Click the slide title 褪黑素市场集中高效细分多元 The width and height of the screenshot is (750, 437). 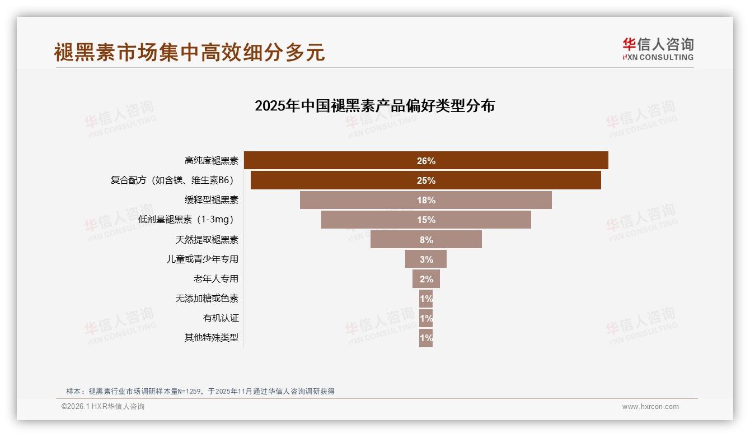point(189,52)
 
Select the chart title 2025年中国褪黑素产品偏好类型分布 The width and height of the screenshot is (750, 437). point(374,106)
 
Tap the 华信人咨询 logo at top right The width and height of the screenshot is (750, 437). point(658,49)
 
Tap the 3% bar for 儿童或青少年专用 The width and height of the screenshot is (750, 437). point(426,259)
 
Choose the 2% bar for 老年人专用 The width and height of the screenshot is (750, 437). point(426,278)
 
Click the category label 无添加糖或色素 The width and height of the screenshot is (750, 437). point(207,299)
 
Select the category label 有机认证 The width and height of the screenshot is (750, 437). point(221,318)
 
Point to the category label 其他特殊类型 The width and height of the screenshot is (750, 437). point(212,338)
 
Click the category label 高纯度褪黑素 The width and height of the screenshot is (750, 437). point(212,161)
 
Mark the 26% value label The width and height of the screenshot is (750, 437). point(426,161)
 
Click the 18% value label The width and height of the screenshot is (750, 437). point(426,200)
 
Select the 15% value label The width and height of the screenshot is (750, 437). point(426,220)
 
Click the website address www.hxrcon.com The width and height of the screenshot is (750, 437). point(650,407)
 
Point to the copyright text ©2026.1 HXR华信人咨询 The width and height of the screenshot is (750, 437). point(102,407)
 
